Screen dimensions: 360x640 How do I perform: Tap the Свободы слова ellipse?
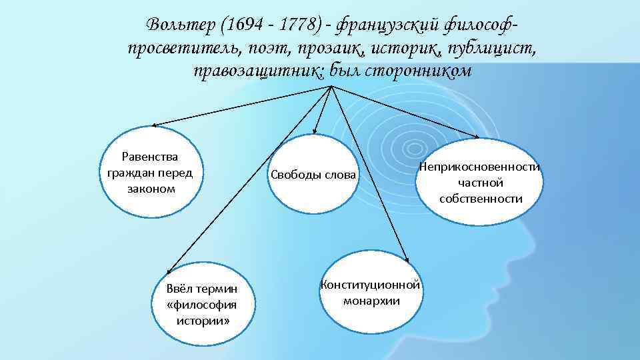[x=313, y=175]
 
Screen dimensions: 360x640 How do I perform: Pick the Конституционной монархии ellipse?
[x=370, y=292]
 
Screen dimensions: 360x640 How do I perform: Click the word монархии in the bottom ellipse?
[x=371, y=301]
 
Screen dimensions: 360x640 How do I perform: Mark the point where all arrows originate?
[x=331, y=89]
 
